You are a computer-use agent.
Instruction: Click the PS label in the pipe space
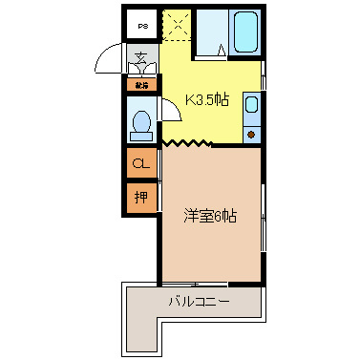point(142,26)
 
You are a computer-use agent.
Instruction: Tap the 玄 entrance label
point(141,58)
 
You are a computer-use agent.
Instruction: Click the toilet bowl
point(142,123)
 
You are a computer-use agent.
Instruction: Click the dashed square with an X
point(176,24)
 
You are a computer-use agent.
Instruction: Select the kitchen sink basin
point(252,105)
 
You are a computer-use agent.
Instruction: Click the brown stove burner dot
point(252,135)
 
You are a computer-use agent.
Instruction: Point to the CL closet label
point(141,163)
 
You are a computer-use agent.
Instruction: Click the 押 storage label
point(141,198)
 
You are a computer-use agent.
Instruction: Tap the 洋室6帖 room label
point(210,215)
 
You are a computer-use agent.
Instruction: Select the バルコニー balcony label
point(198,304)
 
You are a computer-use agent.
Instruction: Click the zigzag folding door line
point(186,144)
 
